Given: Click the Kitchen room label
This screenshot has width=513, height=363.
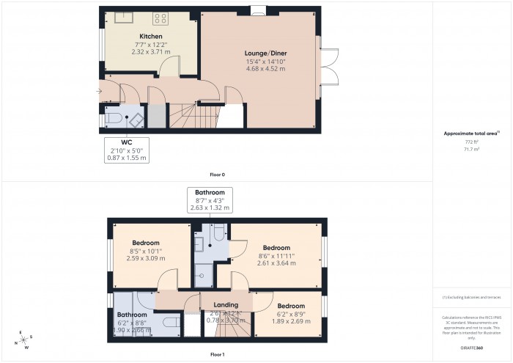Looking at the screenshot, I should point(151,36).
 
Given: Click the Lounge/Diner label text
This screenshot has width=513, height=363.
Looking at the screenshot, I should point(265,54).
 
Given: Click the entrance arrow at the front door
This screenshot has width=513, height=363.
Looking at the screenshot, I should point(99,91).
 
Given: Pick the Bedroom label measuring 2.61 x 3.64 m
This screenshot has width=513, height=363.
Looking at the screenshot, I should point(277,248).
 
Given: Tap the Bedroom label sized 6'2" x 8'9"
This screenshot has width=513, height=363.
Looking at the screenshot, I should point(290,306).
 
